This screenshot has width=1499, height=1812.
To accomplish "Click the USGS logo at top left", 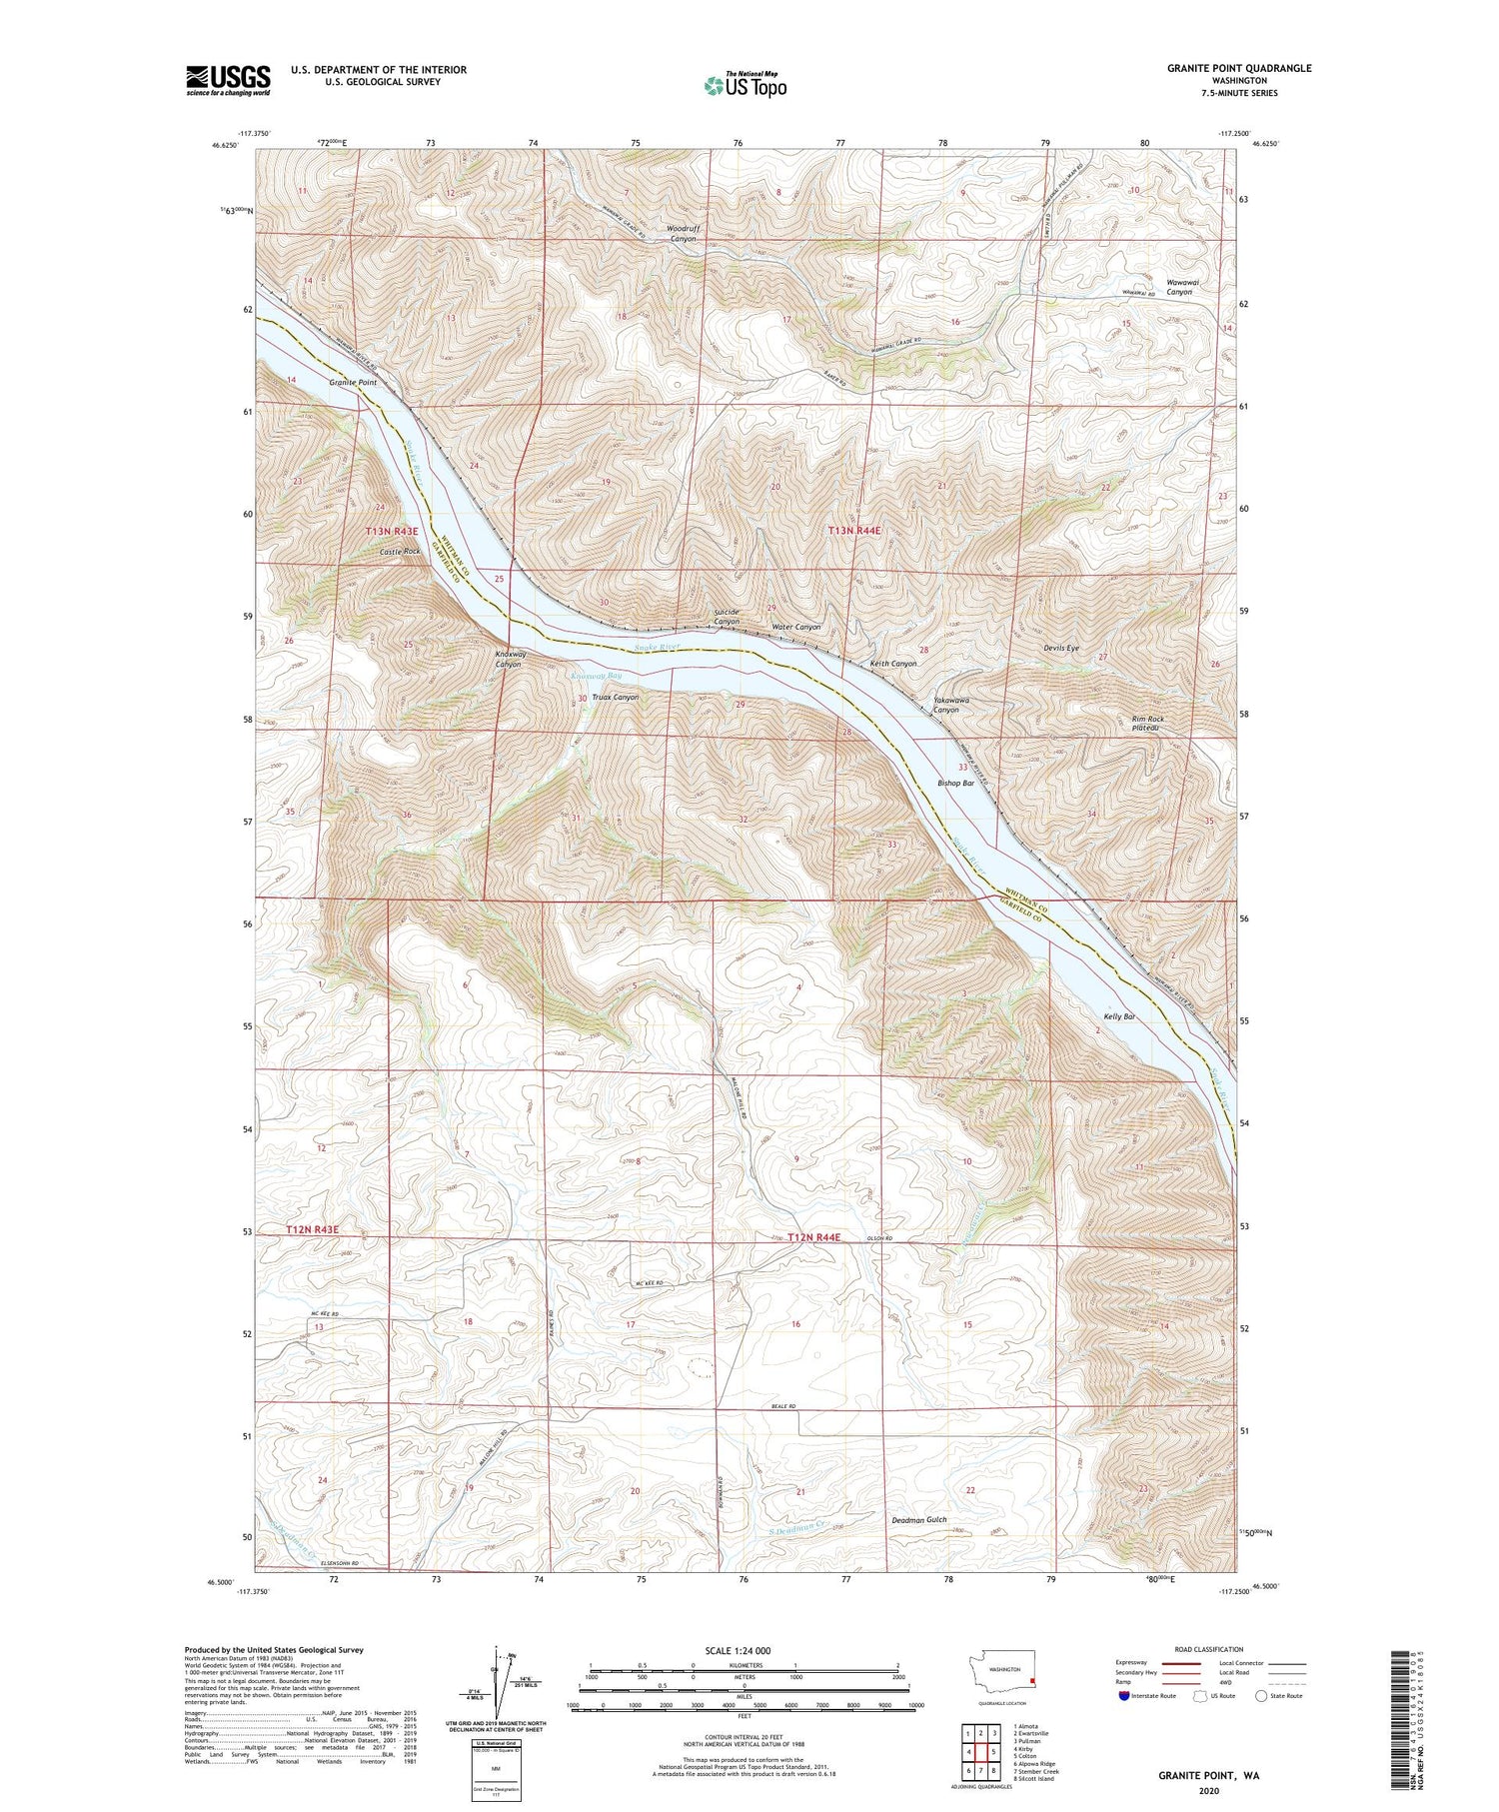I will tap(228, 80).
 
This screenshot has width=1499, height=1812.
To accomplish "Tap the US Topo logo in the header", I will tap(745, 85).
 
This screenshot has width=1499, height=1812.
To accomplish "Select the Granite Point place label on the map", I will tap(353, 383).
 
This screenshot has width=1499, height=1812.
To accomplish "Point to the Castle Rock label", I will tap(400, 552).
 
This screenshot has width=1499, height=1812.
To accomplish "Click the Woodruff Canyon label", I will tap(684, 233).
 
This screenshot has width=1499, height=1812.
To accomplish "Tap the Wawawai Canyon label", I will tap(1179, 287).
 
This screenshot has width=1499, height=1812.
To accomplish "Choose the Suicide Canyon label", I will tap(727, 616).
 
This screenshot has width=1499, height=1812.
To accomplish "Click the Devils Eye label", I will tap(1061, 648).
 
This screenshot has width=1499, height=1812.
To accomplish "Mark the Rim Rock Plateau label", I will tap(1148, 724).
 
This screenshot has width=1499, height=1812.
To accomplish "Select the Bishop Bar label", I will tap(955, 784).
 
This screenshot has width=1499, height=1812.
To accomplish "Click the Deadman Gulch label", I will tap(918, 1520).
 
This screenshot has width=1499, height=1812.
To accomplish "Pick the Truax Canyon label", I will tap(615, 698).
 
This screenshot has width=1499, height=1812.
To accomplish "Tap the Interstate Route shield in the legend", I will tap(1124, 1696).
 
